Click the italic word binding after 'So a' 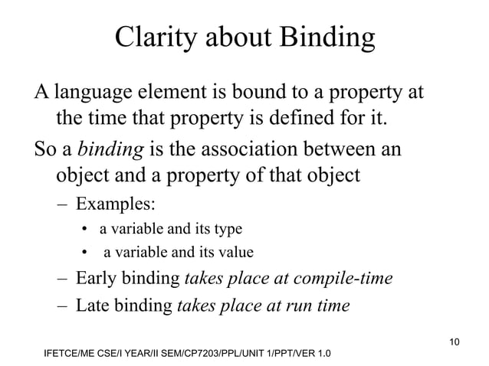tap(111, 149)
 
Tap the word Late tap(93, 306)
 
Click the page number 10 tap(455, 339)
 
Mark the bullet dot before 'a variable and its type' tap(87, 230)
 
